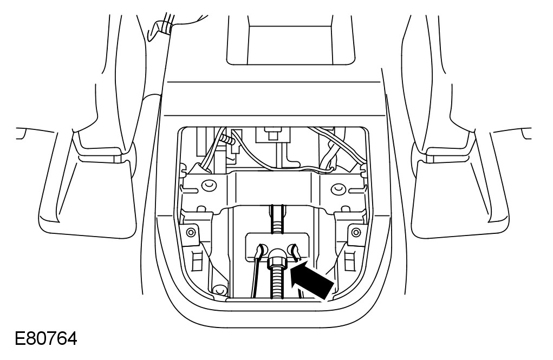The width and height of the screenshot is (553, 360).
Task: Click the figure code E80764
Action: point(46,339)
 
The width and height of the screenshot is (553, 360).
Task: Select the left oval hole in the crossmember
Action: point(206,187)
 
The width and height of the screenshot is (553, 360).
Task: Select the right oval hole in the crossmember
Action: point(338,189)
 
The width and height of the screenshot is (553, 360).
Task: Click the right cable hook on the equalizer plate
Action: point(295,250)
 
